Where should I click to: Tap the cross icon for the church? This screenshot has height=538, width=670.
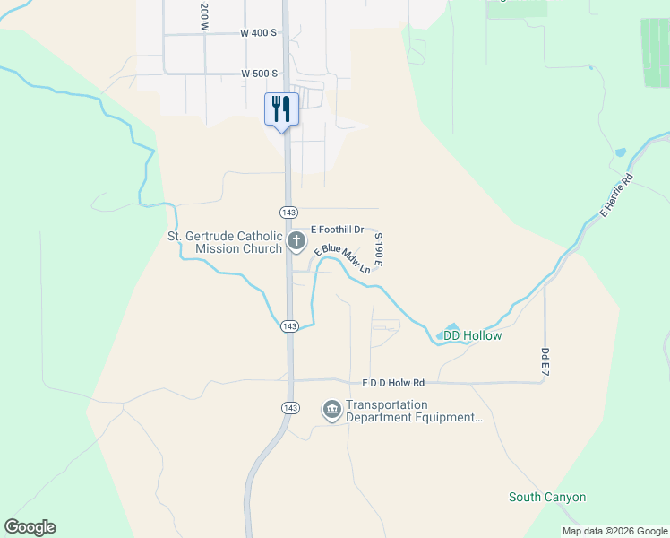coord(296,240)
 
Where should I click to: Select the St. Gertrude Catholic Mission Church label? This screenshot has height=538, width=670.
coord(225,242)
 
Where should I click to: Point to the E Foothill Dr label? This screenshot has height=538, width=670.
coord(337,230)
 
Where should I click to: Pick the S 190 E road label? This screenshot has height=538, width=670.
coord(379,250)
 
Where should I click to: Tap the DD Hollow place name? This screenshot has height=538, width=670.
coord(472,335)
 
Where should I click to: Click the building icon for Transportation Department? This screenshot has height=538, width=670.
coord(332,411)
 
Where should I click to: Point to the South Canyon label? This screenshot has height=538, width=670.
coord(546,497)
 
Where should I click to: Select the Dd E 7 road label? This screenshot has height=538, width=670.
coord(545,362)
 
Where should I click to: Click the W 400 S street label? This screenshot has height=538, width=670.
coord(259,32)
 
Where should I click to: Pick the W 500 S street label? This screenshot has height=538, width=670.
coord(259,73)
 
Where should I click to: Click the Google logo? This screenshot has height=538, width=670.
coord(30,527)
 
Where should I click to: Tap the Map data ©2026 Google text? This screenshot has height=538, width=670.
coord(614,531)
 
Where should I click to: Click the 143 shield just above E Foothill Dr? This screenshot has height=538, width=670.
coord(288,212)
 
